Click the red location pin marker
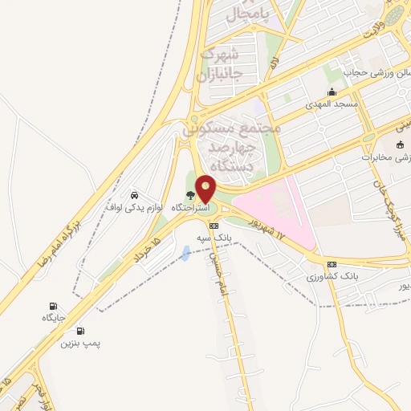(x=206, y=189)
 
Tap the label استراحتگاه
(x=190, y=207)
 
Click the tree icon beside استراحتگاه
(x=190, y=195)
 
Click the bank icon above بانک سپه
(x=214, y=226)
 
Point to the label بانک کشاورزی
(x=330, y=276)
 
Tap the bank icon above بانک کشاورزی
(x=331, y=264)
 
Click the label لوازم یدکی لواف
(x=134, y=206)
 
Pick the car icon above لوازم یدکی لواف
(x=134, y=194)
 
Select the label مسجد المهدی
(x=331, y=104)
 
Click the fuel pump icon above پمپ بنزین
(x=80, y=331)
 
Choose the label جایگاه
(x=53, y=318)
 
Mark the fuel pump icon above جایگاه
(x=53, y=306)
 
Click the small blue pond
(x=187, y=254)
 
